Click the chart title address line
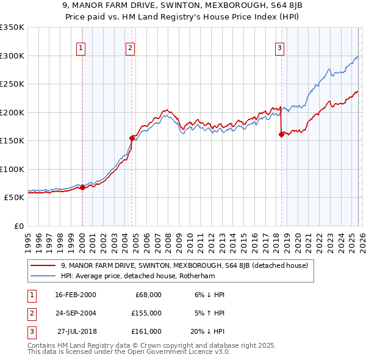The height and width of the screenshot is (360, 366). pos(182,7)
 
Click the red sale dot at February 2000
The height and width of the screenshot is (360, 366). pos(82,187)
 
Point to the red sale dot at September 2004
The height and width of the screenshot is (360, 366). pos(132,138)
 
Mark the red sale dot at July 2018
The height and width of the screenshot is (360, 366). pos(281,135)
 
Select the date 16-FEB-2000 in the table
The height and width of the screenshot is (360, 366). pos(76,294)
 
